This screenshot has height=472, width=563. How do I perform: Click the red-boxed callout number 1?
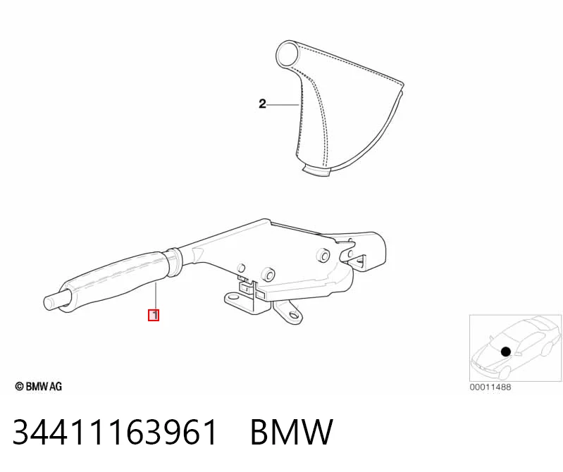[x=154, y=315]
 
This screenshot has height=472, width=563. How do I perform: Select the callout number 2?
[x=262, y=104]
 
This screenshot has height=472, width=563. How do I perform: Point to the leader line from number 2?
[x=283, y=104]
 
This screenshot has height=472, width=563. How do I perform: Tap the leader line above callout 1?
[x=156, y=296]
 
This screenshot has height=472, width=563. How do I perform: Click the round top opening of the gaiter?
[x=287, y=54]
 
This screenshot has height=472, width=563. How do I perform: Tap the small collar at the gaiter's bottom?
[x=316, y=170]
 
